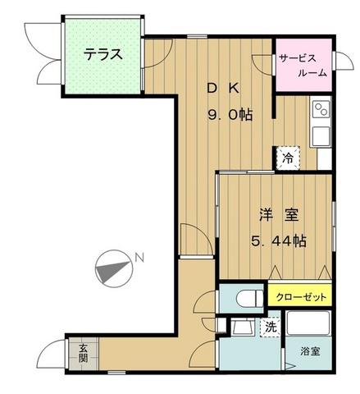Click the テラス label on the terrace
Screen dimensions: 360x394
click(103, 54)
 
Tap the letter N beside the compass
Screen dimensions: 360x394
click(139, 258)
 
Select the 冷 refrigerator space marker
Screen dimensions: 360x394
click(288, 158)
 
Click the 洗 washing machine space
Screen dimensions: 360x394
click(271, 327)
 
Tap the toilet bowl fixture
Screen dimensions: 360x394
click(250, 298)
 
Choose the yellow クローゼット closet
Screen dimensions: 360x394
click(300, 295)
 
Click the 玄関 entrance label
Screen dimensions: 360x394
click(83, 353)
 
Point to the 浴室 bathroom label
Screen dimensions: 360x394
click(310, 351)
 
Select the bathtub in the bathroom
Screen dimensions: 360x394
click(308, 323)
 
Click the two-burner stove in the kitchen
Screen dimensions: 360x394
click(321, 109)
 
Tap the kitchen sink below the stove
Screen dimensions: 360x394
click(321, 136)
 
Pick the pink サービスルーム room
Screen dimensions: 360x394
click(303, 65)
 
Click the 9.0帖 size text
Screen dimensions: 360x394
click(230, 114)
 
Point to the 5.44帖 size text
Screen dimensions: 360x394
click(278, 241)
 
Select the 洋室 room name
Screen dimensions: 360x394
click(279, 215)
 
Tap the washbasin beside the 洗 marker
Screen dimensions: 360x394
click(242, 327)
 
